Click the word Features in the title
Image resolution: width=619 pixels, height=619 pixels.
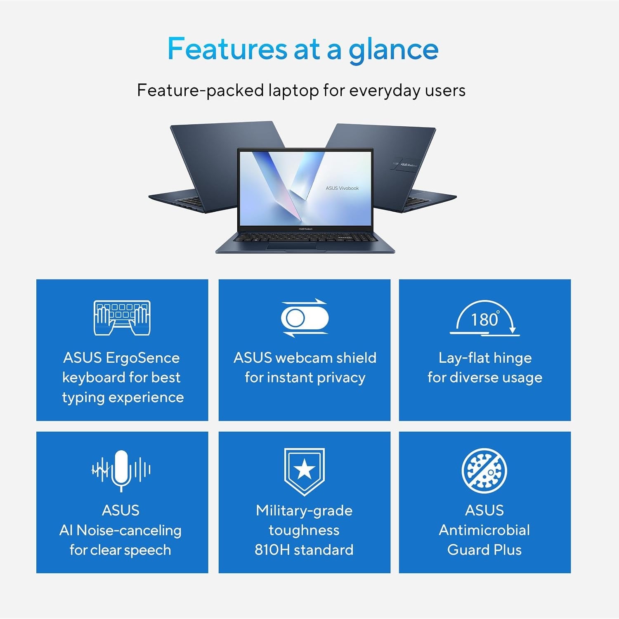[x=227, y=49]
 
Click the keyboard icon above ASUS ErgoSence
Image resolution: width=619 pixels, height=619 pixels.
[x=122, y=318]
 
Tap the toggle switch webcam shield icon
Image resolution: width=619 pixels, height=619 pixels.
[x=305, y=318]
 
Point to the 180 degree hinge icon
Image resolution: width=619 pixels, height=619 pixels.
[x=485, y=318]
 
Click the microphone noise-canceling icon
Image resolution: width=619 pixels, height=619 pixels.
[x=121, y=470]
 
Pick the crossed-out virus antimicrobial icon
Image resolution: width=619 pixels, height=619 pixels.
[x=484, y=471]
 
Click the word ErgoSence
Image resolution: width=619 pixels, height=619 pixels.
[x=143, y=358]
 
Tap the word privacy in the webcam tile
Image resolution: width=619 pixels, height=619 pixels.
[x=341, y=378]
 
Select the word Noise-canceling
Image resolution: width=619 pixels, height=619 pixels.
[x=129, y=531]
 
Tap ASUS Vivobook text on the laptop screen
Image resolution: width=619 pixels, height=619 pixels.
[x=342, y=188]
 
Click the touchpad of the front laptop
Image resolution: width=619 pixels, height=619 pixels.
[x=291, y=246]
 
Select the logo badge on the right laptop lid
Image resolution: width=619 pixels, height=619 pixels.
[x=406, y=164]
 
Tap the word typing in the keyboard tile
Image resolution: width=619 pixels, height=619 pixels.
[x=83, y=398]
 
